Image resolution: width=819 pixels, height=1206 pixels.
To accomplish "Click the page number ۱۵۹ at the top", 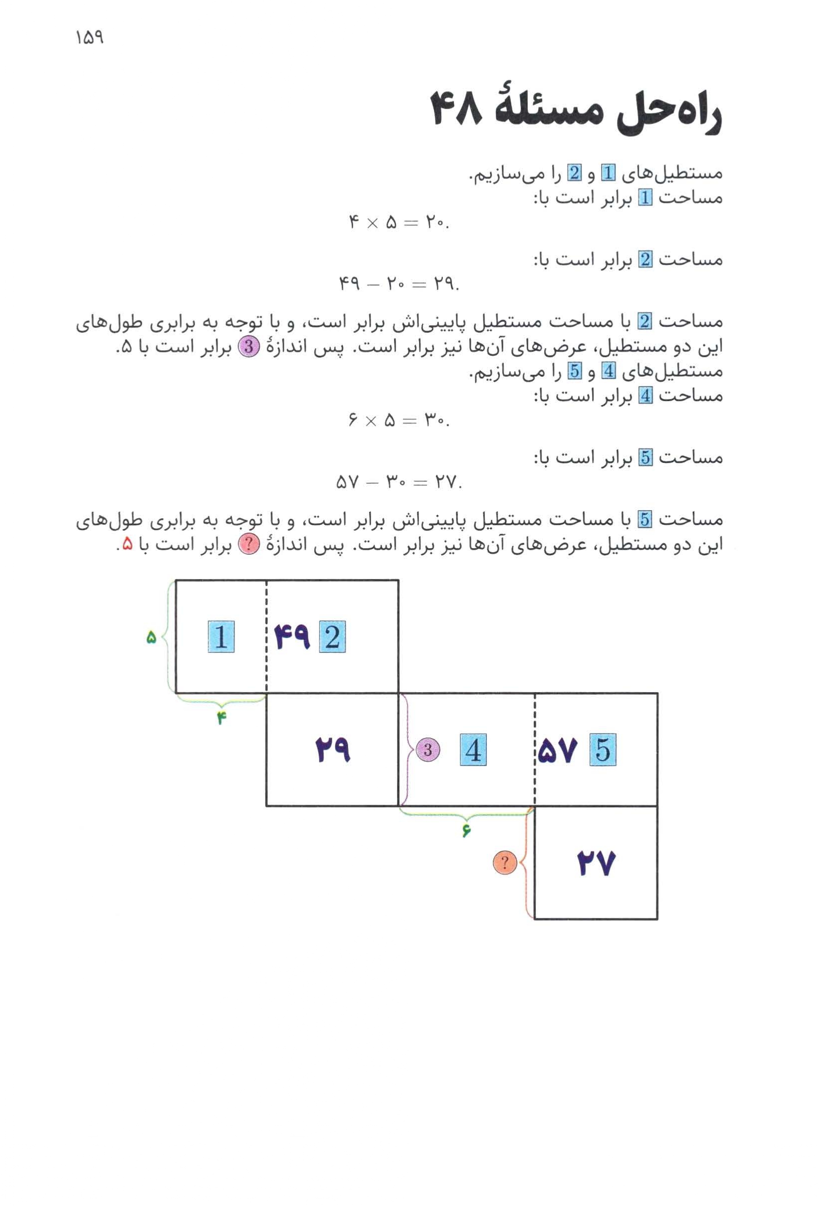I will tap(89, 38).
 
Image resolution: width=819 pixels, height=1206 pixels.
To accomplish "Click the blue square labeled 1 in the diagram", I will tap(221, 636).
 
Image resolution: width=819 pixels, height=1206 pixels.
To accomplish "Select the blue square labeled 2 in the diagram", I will tap(332, 636).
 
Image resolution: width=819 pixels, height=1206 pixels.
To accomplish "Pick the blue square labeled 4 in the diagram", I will tap(473, 751).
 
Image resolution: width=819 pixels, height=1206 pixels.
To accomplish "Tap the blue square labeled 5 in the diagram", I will tap(603, 751).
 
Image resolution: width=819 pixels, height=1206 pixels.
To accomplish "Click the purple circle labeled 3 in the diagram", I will tap(428, 750).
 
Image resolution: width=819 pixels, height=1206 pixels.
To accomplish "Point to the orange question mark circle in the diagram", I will tap(504, 863).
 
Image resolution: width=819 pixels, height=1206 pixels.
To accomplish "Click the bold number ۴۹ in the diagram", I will tap(292, 637).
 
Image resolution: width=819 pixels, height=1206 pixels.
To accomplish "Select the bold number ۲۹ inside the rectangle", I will tap(333, 751).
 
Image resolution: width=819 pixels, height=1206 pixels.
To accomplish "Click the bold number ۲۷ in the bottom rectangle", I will tap(596, 864).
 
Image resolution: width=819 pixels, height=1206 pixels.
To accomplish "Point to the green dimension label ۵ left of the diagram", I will tap(151, 637).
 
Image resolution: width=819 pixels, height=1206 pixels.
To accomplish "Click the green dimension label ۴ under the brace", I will tap(222, 719).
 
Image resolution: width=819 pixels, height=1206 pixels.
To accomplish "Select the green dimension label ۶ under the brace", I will tap(466, 831).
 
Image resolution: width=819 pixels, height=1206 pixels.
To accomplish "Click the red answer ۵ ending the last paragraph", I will tap(127, 545).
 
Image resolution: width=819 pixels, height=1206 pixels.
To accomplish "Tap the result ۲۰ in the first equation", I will tap(435, 223).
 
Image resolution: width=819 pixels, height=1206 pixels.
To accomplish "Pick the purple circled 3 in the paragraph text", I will tap(248, 347).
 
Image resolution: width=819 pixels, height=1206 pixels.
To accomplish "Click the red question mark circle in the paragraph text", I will tap(248, 545).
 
